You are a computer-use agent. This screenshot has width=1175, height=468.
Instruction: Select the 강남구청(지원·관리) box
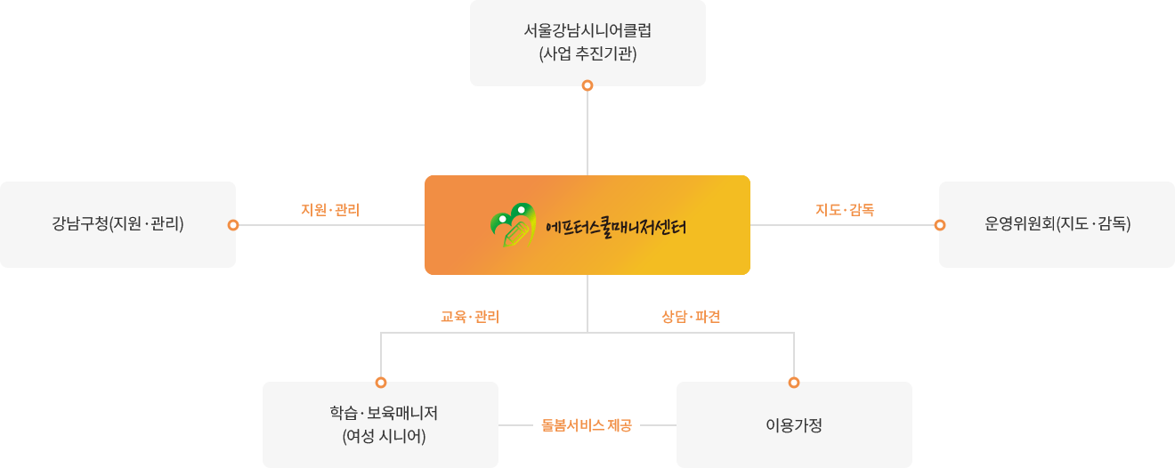point(117,224)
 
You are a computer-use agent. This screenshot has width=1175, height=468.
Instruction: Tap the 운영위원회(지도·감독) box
point(1057,224)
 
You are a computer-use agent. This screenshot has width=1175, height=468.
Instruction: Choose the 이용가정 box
point(794,425)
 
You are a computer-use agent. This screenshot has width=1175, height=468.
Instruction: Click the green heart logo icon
point(514,225)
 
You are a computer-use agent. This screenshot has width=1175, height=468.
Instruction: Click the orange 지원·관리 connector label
point(330,210)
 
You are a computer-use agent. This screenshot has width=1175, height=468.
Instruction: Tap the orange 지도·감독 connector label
point(845,210)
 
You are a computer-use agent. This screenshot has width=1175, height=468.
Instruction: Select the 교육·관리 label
point(470,317)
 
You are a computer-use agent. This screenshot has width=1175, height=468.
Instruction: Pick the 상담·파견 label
point(691,317)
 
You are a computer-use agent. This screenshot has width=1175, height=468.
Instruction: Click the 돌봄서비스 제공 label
point(587,425)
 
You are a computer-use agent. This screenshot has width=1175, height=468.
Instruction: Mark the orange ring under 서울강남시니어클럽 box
point(587,85)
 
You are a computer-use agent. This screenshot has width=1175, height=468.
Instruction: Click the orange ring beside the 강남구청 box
point(233,225)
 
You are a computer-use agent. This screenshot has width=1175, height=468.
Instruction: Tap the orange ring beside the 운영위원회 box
point(940,225)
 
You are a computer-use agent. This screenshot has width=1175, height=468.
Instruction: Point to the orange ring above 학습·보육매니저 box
point(381,383)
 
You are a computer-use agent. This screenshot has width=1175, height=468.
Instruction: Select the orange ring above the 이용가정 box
point(794,383)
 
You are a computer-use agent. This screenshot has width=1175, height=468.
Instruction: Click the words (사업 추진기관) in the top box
point(587,53)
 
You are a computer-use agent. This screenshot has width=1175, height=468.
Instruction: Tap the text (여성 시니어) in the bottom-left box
point(384,437)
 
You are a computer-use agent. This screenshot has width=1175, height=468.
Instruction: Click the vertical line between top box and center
point(587,133)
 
